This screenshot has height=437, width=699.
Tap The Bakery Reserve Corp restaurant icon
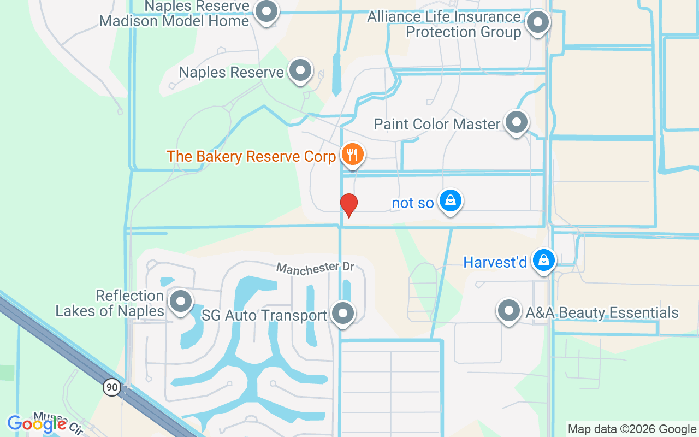[x=353, y=154]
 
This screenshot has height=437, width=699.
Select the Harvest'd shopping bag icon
[x=544, y=260]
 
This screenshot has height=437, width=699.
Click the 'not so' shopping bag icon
[x=450, y=200]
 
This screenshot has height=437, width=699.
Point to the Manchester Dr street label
[x=316, y=268]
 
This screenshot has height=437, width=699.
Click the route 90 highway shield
[x=111, y=387]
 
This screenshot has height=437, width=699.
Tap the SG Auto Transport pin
[x=343, y=314]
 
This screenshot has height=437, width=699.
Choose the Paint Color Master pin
[x=516, y=122]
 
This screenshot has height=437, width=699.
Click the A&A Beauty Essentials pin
[x=509, y=310]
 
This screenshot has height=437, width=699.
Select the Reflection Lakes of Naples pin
[x=181, y=301]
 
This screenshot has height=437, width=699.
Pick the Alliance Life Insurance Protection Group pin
[x=538, y=22]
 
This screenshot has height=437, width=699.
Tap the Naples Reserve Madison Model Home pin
[x=267, y=11]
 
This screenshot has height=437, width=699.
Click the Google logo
[x=37, y=423]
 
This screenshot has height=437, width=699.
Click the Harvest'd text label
[x=495, y=263]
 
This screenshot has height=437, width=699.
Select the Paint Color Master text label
[x=437, y=124]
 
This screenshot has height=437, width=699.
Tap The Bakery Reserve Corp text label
[x=251, y=156]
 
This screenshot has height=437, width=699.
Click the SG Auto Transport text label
[x=264, y=315]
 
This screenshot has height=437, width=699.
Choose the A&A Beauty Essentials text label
[x=602, y=312]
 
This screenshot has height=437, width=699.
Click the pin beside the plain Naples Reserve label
[x=300, y=70]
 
